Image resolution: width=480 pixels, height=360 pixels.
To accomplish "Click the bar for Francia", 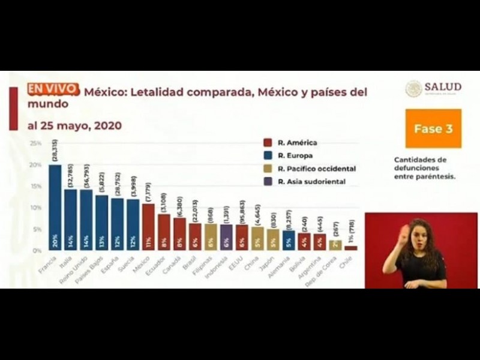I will pos(55,207).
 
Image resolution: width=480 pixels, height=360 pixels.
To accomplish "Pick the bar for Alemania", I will pos(289,240).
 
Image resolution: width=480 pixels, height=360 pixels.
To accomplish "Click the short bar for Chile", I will pos(351,248).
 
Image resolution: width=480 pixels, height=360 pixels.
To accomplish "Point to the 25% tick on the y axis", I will pos(36,144).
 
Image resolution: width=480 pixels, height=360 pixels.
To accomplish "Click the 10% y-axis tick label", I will pos(36,208).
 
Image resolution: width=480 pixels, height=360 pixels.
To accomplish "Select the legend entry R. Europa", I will pos(292,155).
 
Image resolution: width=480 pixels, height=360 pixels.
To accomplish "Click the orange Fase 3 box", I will pos(433,128).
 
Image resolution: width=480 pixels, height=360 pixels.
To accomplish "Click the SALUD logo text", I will pos(443,87).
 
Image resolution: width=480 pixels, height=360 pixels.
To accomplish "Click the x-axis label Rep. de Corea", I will pos(331,268).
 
